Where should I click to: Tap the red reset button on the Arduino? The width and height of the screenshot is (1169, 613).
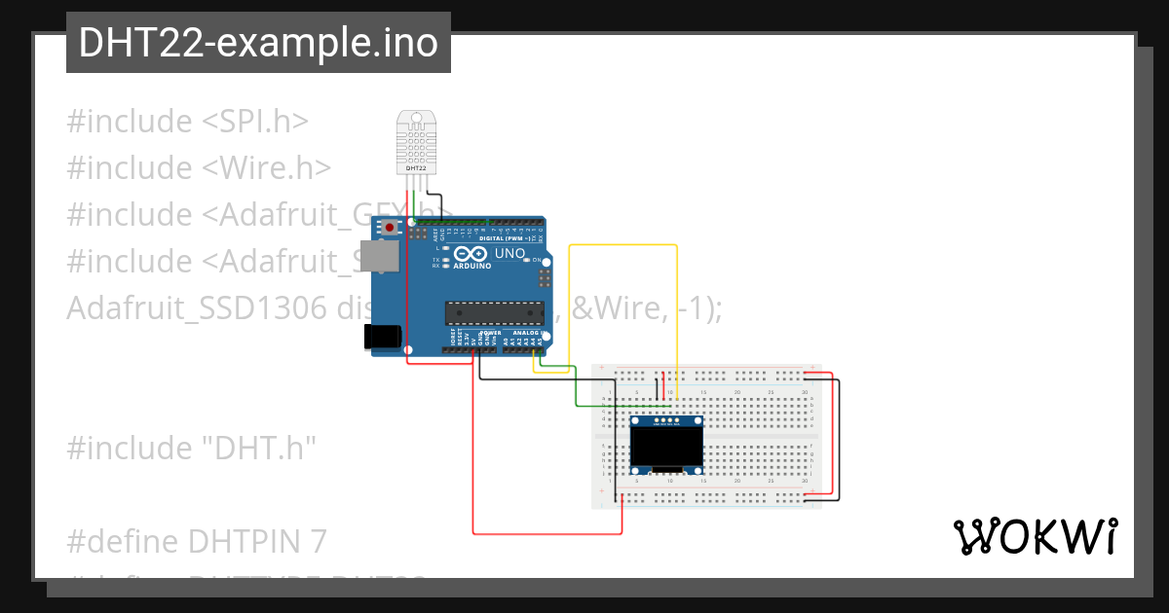(390, 228)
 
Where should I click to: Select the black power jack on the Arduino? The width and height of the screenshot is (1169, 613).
(381, 336)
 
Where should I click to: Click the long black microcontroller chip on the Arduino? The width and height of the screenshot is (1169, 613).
(493, 311)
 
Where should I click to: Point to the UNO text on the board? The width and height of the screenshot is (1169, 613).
(510, 254)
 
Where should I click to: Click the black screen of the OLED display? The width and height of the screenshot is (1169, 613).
(667, 448)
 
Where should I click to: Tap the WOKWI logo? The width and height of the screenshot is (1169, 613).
(1035, 536)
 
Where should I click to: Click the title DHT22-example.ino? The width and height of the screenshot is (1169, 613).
(258, 43)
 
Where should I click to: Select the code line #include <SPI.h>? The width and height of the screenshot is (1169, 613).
(188, 122)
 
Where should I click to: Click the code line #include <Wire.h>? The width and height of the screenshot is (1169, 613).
(199, 168)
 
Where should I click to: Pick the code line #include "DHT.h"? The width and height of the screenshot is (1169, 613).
(192, 449)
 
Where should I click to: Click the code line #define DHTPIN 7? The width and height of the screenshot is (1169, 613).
(197, 541)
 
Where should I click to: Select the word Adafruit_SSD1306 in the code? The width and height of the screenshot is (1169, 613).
(196, 308)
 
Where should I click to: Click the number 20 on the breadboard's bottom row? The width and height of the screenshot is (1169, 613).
(737, 481)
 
